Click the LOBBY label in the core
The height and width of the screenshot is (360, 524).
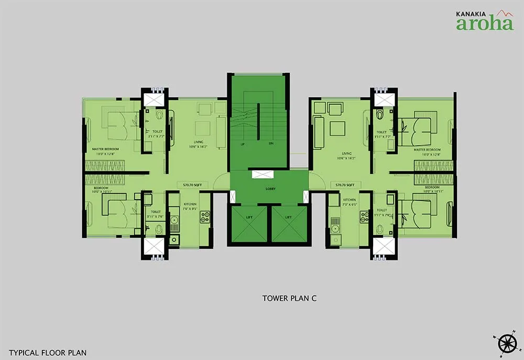[270, 189]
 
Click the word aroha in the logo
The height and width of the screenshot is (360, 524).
[485, 24]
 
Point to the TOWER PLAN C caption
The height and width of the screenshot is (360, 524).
[290, 299]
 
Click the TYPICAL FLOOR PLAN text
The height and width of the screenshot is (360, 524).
[48, 353]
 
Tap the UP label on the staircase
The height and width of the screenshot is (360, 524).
[243, 144]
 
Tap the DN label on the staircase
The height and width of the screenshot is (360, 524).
[271, 144]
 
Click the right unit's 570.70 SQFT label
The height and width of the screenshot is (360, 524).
[346, 185]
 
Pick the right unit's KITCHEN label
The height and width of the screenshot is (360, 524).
[350, 200]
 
